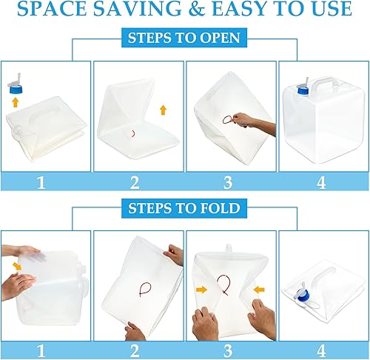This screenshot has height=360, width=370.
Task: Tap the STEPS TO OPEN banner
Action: click(184, 39)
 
